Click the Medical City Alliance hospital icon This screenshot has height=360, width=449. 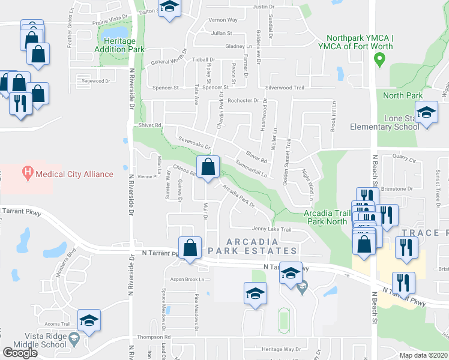tap(27, 174)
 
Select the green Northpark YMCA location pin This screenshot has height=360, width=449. tap(379, 59)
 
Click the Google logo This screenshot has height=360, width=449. tap(20, 352)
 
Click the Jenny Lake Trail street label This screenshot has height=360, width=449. tap(271, 229)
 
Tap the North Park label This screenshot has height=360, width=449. tap(403, 95)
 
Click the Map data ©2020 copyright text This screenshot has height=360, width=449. tap(423, 355)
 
